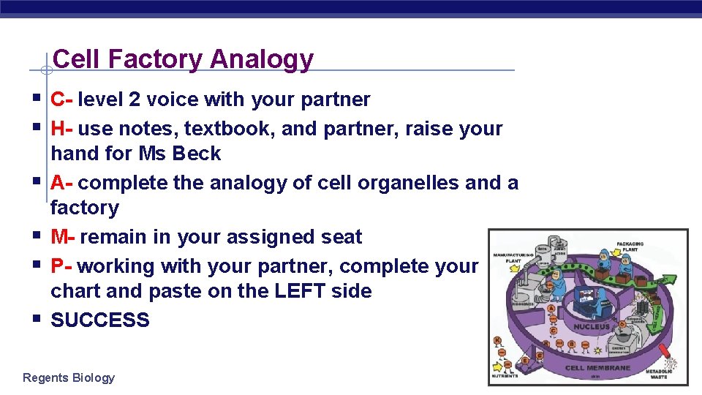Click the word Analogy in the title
(x=261, y=59)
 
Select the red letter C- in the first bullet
(x=61, y=99)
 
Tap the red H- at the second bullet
(x=61, y=129)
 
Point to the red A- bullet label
(x=61, y=183)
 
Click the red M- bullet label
(x=64, y=237)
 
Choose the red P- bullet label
(x=61, y=266)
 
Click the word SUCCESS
(x=100, y=320)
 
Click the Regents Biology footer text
(x=69, y=377)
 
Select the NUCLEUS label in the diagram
(x=592, y=326)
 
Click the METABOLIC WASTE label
(x=660, y=374)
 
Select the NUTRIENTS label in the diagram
(x=505, y=375)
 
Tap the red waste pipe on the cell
(x=667, y=353)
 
